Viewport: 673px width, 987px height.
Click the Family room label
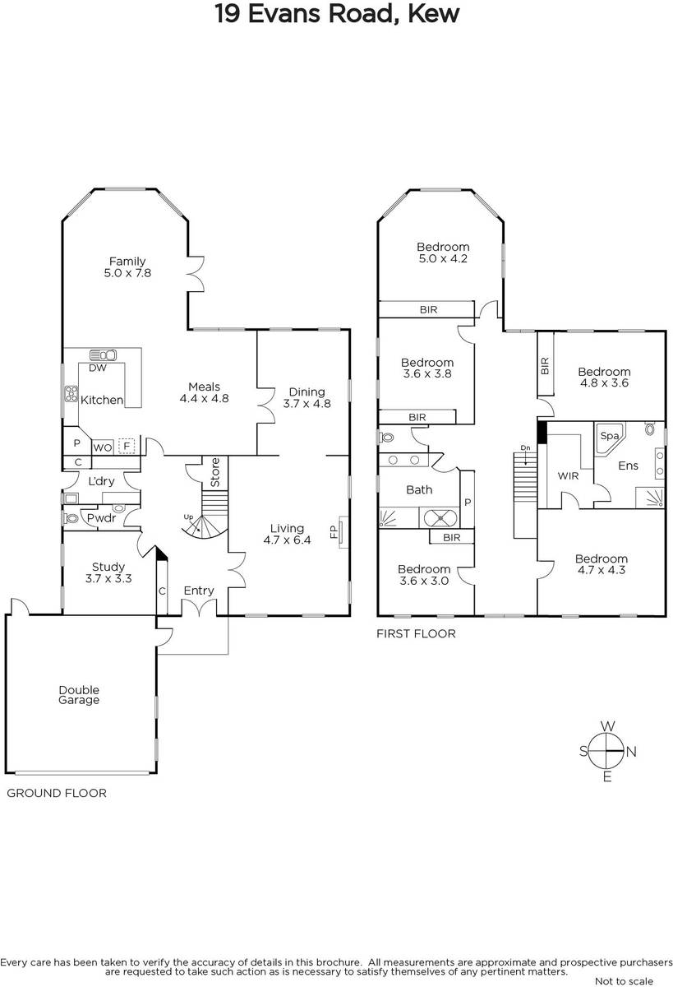pos(127,262)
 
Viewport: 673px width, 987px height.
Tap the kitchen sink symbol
pos(103,354)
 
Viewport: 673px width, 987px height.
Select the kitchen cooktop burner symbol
pos(71,393)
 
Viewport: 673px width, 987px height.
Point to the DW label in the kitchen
pos(98,368)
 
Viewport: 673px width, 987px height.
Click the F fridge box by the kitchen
pos(127,447)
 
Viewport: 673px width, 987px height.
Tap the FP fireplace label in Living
pos(333,532)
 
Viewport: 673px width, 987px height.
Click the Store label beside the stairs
pos(215,472)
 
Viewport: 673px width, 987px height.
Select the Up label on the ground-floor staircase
pos(188,517)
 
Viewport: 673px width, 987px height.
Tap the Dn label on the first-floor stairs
pos(526,447)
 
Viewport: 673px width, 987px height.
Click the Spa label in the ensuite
pos(609,436)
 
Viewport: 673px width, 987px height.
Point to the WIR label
pos(568,476)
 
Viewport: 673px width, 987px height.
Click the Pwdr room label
pos(101,518)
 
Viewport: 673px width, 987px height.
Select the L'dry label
pos(101,481)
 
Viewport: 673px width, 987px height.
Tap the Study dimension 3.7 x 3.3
pos(108,578)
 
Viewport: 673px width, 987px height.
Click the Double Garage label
pos(79,695)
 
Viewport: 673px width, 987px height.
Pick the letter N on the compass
pos(631,752)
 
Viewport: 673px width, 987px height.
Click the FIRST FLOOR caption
pos(416,633)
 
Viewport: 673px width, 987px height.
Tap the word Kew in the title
pos(434,14)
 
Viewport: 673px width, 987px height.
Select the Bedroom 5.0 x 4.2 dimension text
pos(443,258)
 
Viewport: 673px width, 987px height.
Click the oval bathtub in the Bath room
pos(439,517)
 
